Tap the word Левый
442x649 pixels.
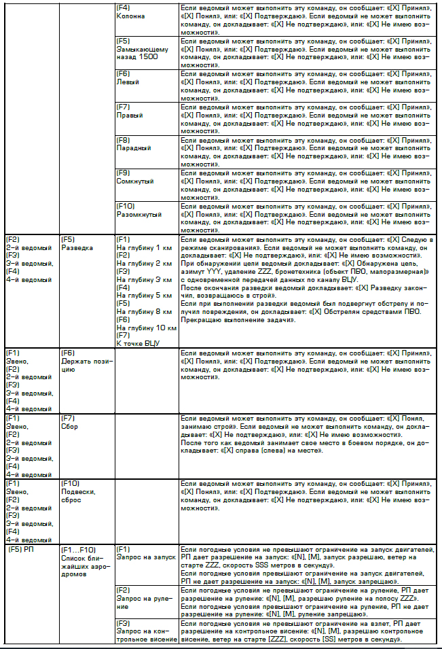pyautogui.click(x=128, y=82)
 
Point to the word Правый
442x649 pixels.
pyautogui.click(x=130, y=116)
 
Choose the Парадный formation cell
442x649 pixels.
pyautogui.click(x=134, y=148)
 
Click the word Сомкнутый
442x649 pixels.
pyautogui.click(x=135, y=181)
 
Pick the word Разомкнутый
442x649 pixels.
pyautogui.click(x=139, y=215)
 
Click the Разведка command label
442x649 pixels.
pyautogui.click(x=76, y=248)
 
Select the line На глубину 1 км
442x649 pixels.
pyautogui.click(x=144, y=248)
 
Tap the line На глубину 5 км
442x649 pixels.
pyautogui.click(x=144, y=296)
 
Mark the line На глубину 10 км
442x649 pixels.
pyautogui.click(x=146, y=328)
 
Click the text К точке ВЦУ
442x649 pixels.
pyautogui.click(x=138, y=344)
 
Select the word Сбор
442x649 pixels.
pyautogui.click(x=70, y=426)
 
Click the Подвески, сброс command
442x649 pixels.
pyautogui.click(x=77, y=495)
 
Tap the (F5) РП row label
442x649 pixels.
pyautogui.click(x=20, y=548)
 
